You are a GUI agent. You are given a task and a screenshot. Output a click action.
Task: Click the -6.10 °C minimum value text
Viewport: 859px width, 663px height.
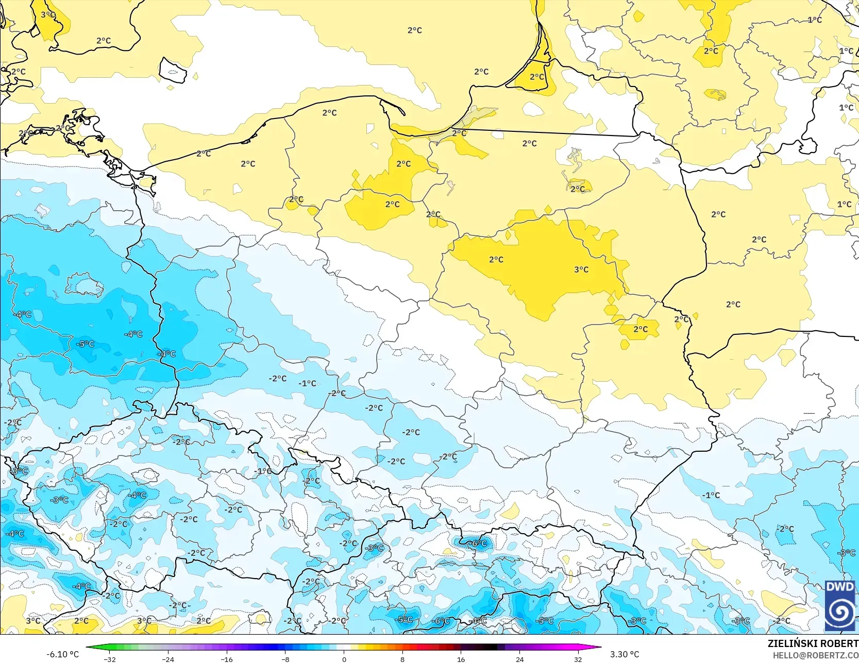(63, 654)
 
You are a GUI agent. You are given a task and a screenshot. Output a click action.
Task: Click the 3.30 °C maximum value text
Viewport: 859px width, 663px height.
(625, 654)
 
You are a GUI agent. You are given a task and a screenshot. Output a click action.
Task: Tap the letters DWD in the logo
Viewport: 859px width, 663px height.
(839, 587)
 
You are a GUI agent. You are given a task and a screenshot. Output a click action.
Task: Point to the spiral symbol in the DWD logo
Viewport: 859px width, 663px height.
(840, 612)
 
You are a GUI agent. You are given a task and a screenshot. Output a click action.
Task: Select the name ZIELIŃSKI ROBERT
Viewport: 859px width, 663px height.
(813, 643)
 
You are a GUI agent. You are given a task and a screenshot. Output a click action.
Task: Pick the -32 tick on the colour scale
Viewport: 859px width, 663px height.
(109, 659)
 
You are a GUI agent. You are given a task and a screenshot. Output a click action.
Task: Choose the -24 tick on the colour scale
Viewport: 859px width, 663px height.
(168, 659)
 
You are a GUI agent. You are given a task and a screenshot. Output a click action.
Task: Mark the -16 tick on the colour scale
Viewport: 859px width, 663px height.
(227, 659)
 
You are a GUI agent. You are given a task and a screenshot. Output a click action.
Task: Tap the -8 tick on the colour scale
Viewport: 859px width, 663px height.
(285, 659)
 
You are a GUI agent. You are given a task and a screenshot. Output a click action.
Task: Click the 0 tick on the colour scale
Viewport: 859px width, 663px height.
(344, 659)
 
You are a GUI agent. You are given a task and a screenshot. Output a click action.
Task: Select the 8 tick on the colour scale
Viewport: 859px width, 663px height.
(402, 659)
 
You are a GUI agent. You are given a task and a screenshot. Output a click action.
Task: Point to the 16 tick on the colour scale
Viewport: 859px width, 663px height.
(461, 659)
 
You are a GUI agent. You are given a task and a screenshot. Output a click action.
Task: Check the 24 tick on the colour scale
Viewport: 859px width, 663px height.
(519, 659)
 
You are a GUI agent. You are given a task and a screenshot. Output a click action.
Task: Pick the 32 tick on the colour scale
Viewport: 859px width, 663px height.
(578, 659)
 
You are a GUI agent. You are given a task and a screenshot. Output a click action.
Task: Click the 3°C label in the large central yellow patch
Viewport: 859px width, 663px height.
(581, 269)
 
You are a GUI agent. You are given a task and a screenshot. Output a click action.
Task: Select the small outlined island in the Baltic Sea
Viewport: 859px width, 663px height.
(172, 70)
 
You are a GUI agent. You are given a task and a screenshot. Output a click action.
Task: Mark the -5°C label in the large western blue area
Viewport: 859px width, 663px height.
(85, 344)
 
